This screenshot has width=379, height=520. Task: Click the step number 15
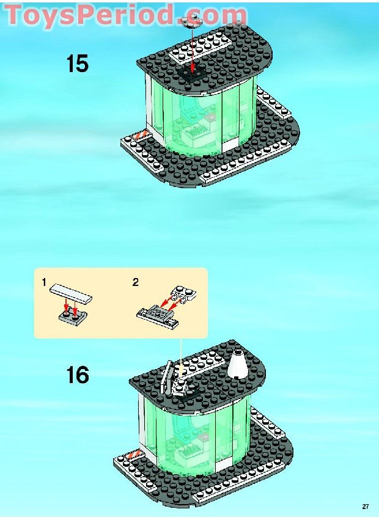78,64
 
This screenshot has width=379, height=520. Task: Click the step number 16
78,375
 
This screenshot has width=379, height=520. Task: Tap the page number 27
366,507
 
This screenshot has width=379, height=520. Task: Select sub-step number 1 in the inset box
44,282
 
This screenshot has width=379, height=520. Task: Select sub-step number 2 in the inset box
136,282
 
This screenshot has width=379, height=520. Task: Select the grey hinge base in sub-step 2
156,314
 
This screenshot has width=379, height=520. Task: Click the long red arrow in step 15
193,49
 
